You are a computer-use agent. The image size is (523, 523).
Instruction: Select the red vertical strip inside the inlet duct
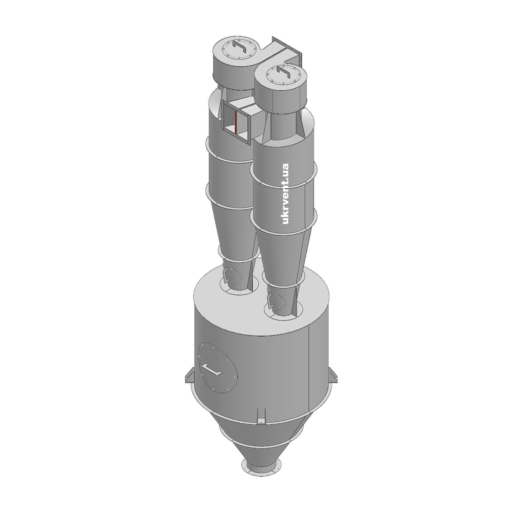pos(236,122)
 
